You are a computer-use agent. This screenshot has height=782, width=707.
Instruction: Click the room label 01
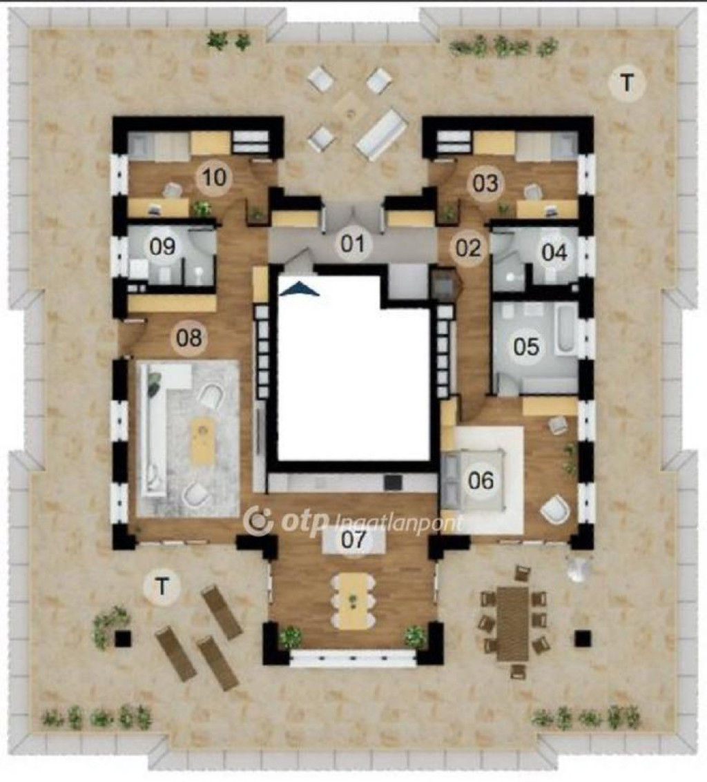[353, 244]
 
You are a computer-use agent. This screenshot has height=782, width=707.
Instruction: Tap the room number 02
[468, 248]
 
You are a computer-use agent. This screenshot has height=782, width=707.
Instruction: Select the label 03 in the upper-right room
[485, 183]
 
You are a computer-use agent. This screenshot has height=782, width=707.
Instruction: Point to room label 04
[554, 253]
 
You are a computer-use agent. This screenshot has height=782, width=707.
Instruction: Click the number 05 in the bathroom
[526, 346]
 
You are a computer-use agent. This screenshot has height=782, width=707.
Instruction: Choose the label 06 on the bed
[481, 480]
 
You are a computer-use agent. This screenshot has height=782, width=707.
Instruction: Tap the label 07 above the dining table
[353, 540]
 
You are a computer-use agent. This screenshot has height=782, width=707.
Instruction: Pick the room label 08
[189, 338]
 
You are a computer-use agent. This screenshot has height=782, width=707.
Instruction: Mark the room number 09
[162, 246]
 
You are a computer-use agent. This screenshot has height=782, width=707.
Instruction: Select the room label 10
[215, 177]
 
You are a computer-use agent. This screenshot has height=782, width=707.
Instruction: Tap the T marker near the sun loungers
[162, 587]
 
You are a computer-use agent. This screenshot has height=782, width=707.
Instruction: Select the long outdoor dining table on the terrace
[512, 623]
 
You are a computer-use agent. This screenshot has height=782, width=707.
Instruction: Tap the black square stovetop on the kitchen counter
[393, 482]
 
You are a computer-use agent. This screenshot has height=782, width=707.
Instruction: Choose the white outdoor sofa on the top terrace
[380, 135]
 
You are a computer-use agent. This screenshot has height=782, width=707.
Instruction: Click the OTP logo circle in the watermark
[259, 520]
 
